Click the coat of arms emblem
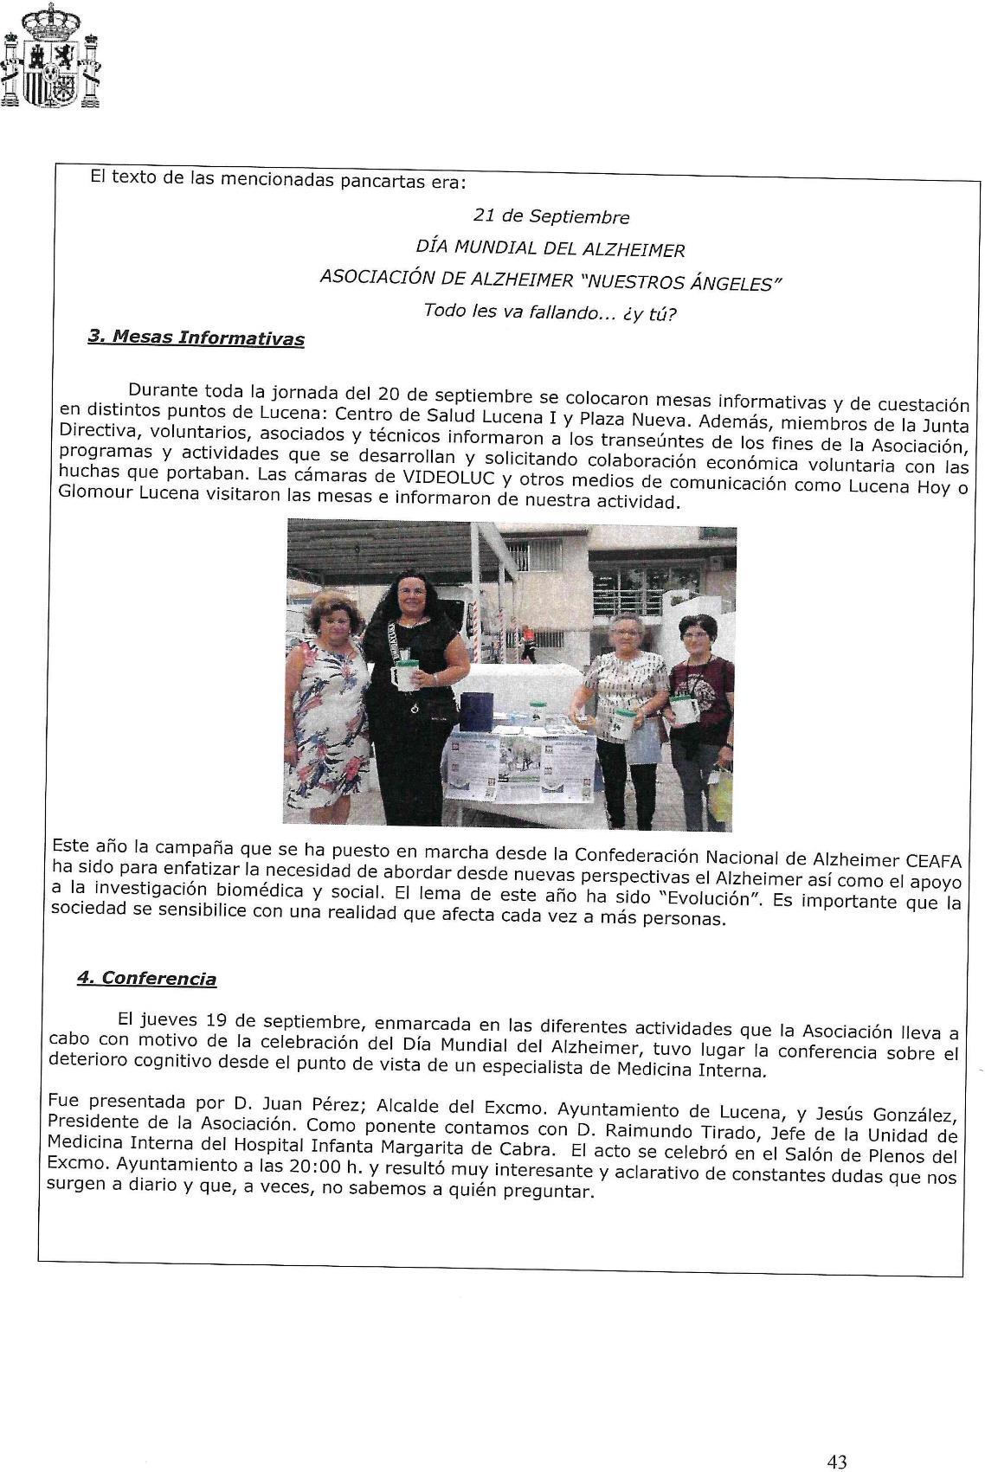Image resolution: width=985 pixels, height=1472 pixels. pyautogui.click(x=50, y=56)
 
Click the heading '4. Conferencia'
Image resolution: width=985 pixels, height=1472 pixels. pyautogui.click(x=146, y=978)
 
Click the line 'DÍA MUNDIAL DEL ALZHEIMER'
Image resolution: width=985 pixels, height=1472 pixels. pyautogui.click(x=550, y=248)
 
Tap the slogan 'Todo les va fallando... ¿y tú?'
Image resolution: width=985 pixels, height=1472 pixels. pyautogui.click(x=550, y=312)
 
